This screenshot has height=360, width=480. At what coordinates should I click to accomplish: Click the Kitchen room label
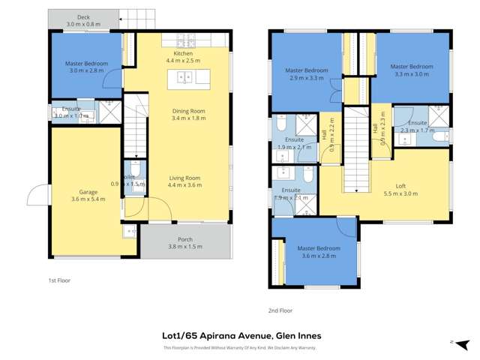pyautogui.click(x=184, y=54)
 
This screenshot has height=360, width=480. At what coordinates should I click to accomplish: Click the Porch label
pyautogui.click(x=185, y=241)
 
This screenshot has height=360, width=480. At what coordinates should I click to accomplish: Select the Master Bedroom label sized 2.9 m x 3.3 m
pyautogui.click(x=304, y=70)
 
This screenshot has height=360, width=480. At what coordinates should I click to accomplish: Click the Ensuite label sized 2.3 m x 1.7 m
pyautogui.click(x=418, y=122)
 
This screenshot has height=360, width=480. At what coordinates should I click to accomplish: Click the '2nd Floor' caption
pyautogui.click(x=280, y=310)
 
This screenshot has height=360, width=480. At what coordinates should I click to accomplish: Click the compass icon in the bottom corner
pyautogui.click(x=453, y=342)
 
